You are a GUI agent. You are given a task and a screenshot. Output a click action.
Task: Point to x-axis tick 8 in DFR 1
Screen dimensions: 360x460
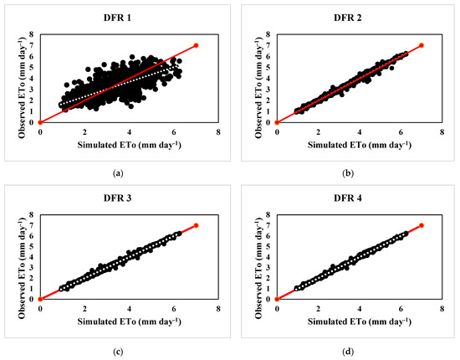click(x=218, y=132)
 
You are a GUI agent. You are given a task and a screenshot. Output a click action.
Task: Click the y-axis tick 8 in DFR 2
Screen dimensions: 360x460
click(x=268, y=34)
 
